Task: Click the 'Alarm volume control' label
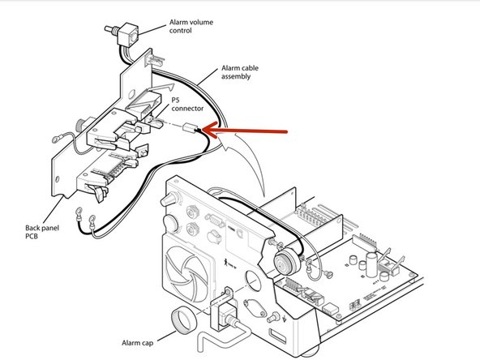click(191, 26)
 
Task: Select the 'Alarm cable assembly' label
click(240, 72)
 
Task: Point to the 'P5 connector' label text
click(187, 104)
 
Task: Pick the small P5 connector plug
click(190, 127)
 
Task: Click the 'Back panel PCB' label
click(41, 232)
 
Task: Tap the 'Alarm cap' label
click(138, 343)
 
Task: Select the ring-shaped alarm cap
click(184, 320)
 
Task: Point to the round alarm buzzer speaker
click(286, 262)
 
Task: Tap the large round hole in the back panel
click(254, 280)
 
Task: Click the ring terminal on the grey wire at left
click(58, 139)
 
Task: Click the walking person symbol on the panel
click(226, 262)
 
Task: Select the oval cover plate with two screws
click(255, 308)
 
